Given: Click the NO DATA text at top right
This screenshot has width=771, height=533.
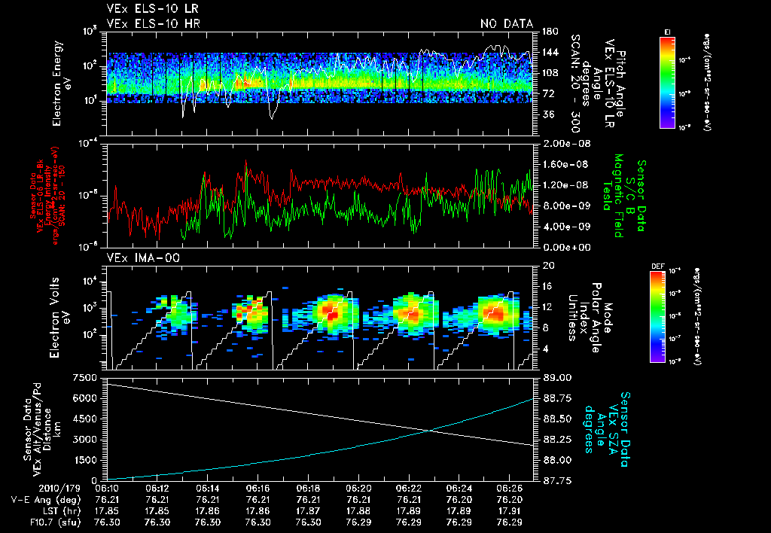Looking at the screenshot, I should pyautogui.click(x=506, y=24).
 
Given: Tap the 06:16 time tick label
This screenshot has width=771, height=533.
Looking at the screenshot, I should pyautogui.click(x=258, y=488).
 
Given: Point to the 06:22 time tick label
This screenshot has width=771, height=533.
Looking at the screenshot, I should pyautogui.click(x=408, y=488).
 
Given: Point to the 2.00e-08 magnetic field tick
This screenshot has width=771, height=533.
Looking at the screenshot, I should pyautogui.click(x=563, y=144).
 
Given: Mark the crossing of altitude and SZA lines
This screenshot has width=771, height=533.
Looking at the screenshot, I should pyautogui.click(x=430, y=431).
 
